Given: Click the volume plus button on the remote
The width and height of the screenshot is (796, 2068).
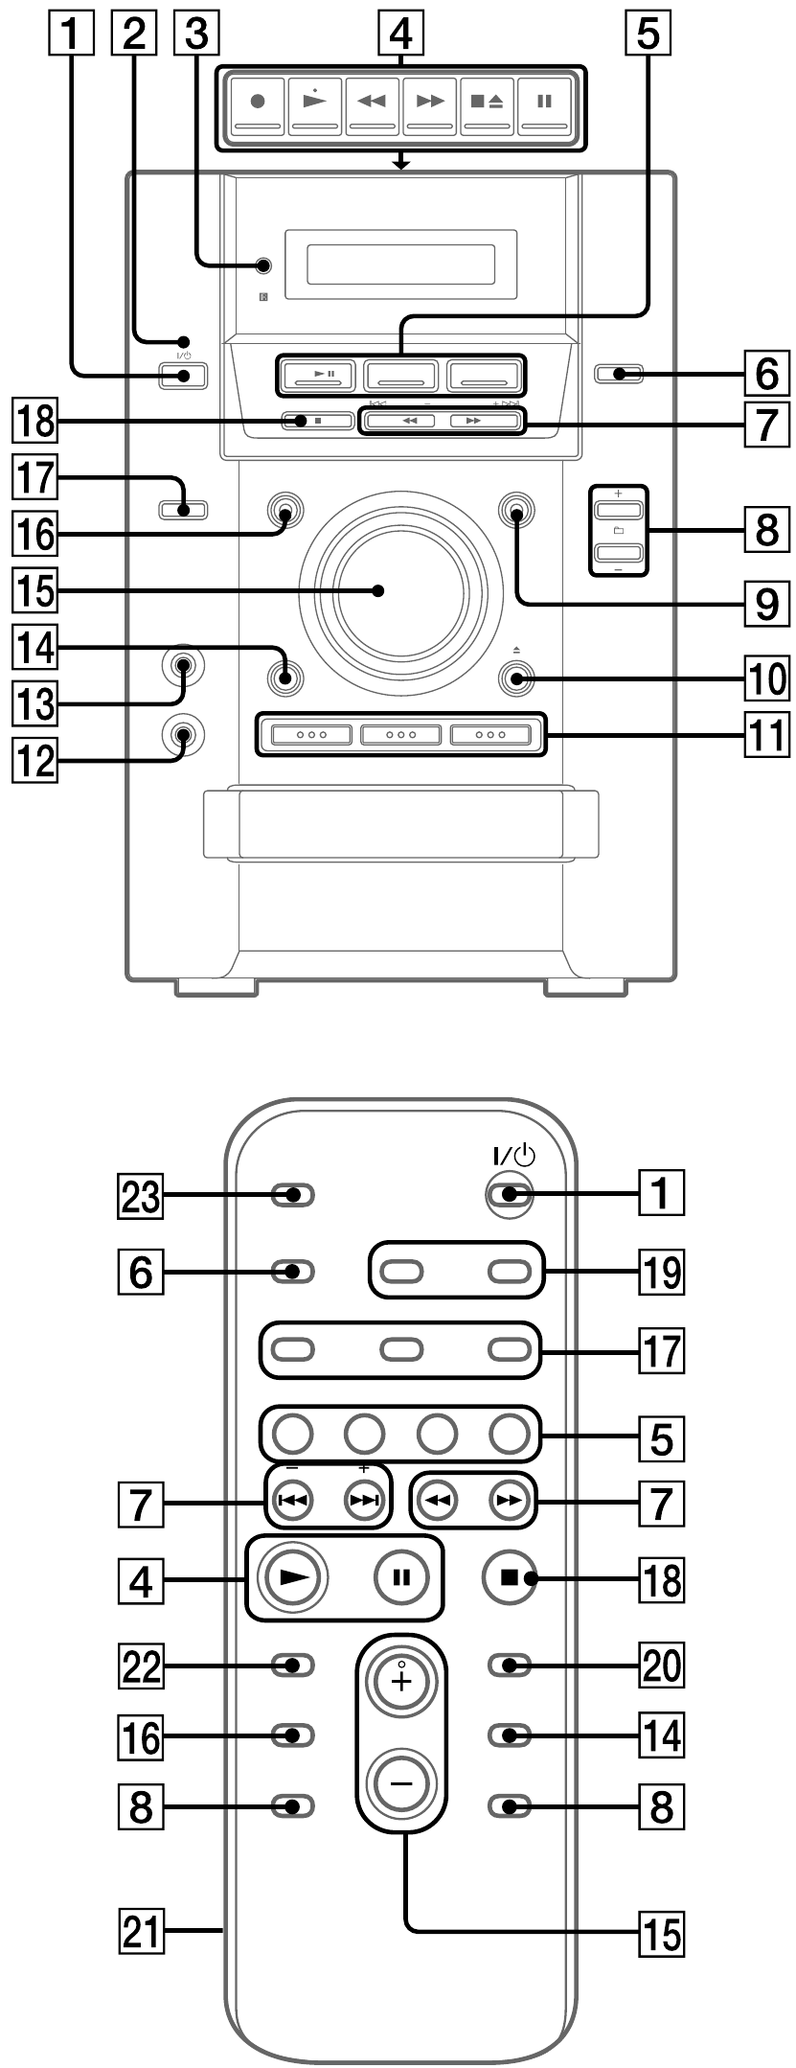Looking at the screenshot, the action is (x=401, y=1679).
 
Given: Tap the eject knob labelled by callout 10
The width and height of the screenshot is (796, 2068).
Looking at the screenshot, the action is (x=516, y=679).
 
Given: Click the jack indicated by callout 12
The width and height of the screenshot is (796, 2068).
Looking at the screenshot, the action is (x=182, y=734).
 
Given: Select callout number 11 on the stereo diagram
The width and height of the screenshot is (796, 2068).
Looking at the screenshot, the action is (x=764, y=735).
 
